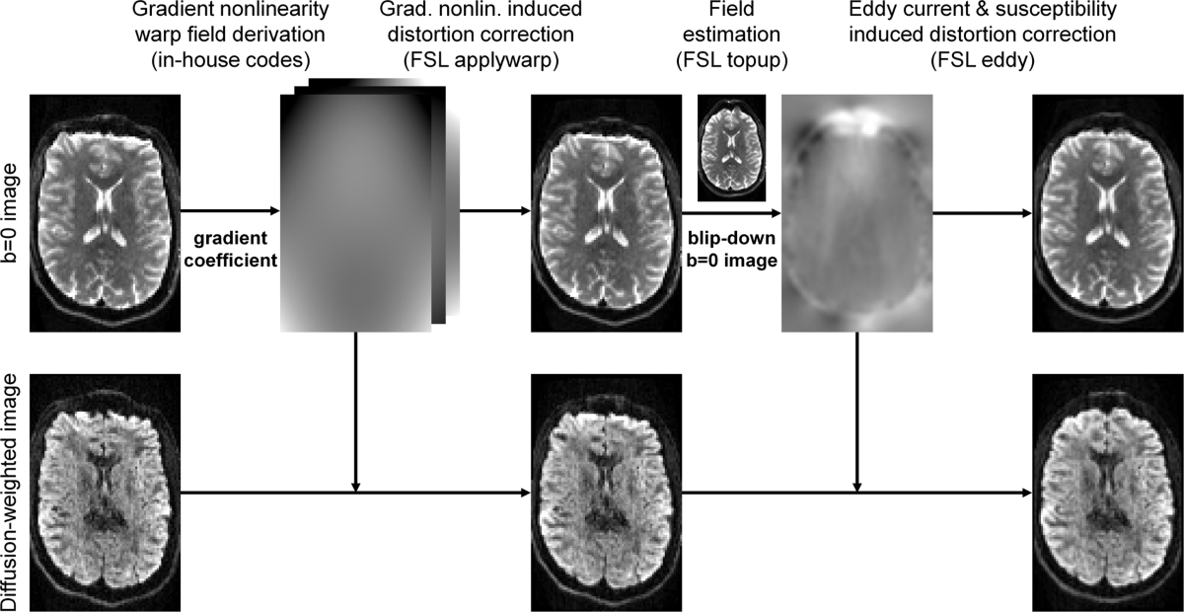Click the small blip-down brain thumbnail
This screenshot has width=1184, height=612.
[x=730, y=148]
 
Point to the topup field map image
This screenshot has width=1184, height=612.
[x=855, y=212]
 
